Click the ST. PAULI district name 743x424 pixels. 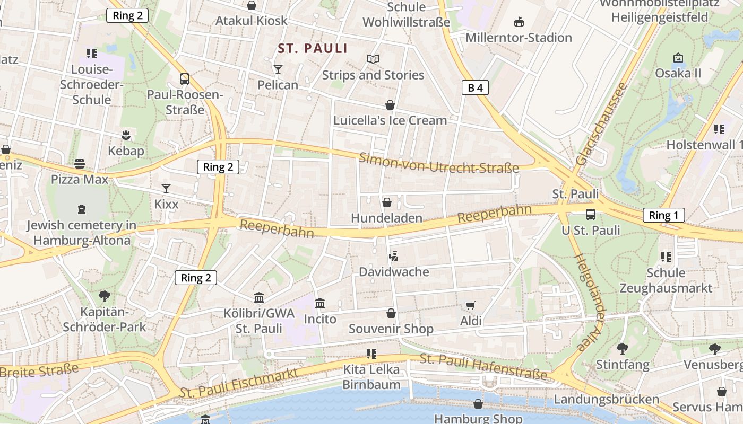(313, 49)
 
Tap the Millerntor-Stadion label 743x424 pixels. (519, 38)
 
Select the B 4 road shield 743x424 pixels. (474, 88)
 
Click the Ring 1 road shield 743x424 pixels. (663, 215)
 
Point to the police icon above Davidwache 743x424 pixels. (393, 257)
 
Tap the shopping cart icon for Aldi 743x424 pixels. (470, 305)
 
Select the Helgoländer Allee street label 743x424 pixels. (590, 303)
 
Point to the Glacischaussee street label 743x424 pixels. (606, 124)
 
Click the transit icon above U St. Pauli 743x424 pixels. (590, 215)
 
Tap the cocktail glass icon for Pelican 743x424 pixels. (278, 69)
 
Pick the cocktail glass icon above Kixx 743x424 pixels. (166, 189)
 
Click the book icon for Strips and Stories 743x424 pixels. (373, 59)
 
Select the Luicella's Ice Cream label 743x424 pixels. (390, 120)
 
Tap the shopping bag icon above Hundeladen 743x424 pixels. (387, 202)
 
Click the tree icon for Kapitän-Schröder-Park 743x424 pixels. (105, 296)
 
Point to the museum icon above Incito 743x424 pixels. (320, 304)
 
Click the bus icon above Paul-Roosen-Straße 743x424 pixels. (184, 79)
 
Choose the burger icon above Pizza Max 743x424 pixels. (80, 164)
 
